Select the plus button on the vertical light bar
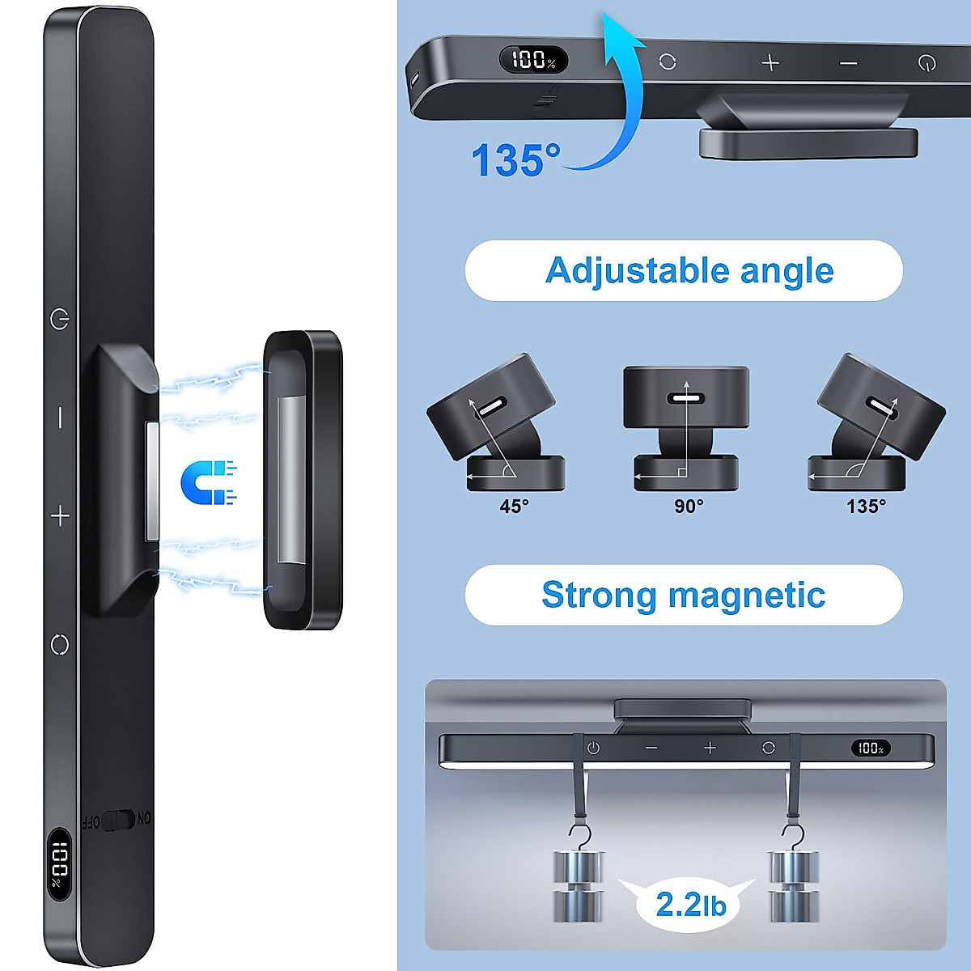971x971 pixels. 61,515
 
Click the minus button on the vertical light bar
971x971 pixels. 60,418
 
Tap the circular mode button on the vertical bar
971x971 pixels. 60,645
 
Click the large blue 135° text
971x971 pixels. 515,159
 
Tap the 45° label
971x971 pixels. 514,507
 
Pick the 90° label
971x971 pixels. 689,507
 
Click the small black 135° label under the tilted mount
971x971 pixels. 866,507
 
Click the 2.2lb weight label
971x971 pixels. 690,904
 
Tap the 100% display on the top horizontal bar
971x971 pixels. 534,60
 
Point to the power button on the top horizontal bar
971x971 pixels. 927,62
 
